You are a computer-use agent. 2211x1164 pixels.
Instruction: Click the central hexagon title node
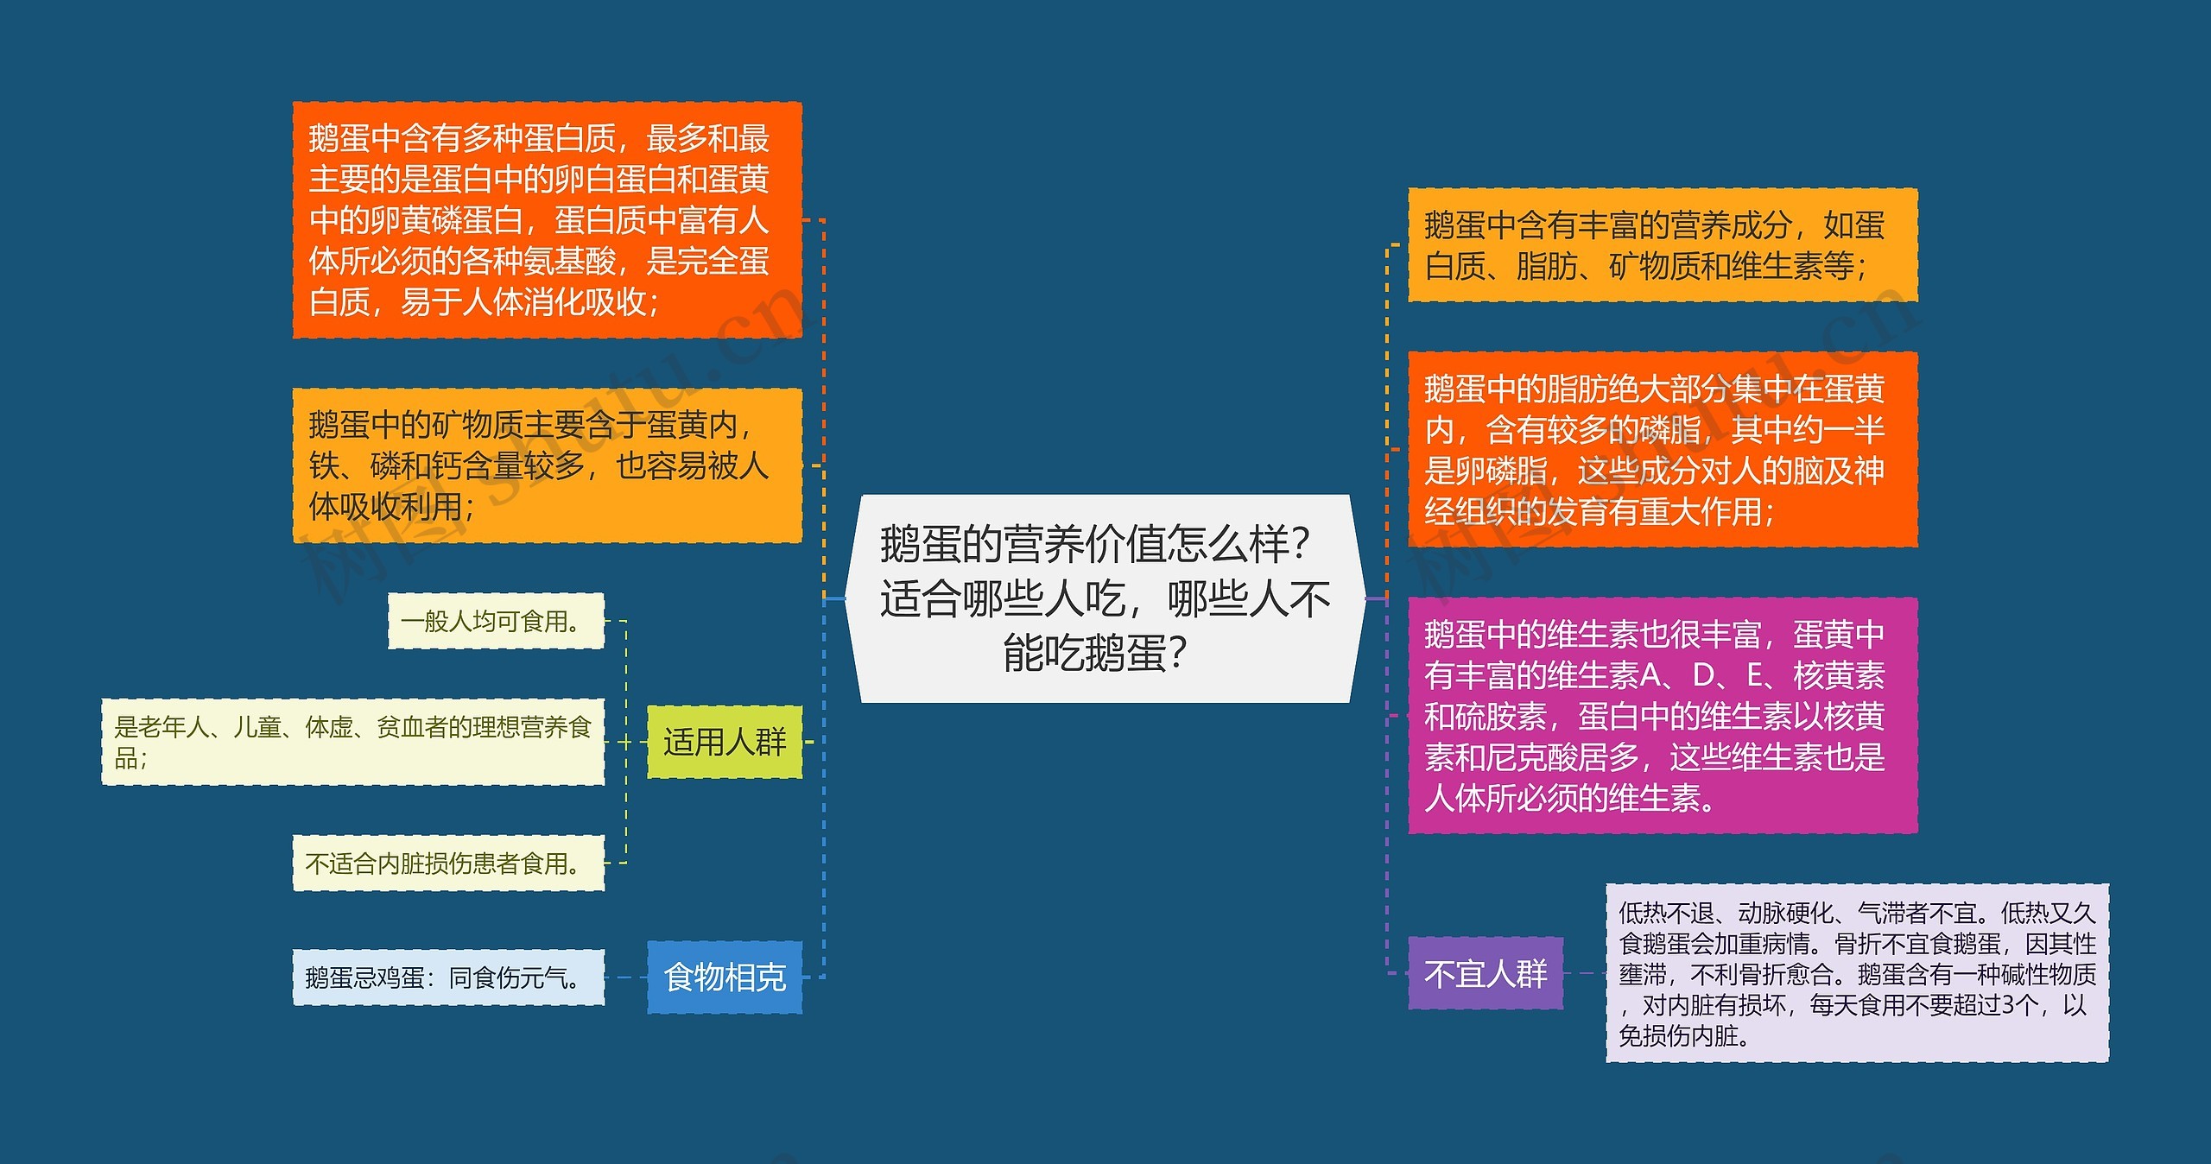[x=1105, y=598]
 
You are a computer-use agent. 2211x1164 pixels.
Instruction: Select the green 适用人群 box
[x=724, y=742]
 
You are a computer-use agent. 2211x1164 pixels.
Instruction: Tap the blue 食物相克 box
[x=724, y=977]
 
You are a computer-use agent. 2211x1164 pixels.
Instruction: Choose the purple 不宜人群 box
[x=1485, y=973]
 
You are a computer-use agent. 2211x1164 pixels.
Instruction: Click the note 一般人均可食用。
[x=495, y=621]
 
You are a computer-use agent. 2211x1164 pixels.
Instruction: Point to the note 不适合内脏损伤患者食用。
[x=447, y=863]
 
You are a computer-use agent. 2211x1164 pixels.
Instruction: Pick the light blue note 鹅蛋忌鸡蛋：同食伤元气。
[x=447, y=977]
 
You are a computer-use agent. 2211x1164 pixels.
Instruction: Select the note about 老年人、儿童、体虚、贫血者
[x=352, y=742]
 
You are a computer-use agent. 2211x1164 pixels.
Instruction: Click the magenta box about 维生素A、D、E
[x=1662, y=715]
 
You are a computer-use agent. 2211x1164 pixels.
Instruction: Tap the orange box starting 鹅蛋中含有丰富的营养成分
[x=1662, y=245]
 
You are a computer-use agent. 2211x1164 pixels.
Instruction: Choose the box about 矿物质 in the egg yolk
[x=547, y=465]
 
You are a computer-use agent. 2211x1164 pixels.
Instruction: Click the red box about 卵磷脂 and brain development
[x=1662, y=449]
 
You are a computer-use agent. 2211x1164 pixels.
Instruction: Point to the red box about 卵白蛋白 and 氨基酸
[x=547, y=219]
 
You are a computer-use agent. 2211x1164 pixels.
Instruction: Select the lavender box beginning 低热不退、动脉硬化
[x=1857, y=973]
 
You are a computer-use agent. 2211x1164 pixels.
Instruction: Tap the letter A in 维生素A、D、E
[x=1649, y=675]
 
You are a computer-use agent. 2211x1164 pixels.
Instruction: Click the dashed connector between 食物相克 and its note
[x=625, y=977]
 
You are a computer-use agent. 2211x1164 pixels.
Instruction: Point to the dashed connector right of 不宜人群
[x=1584, y=973]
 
